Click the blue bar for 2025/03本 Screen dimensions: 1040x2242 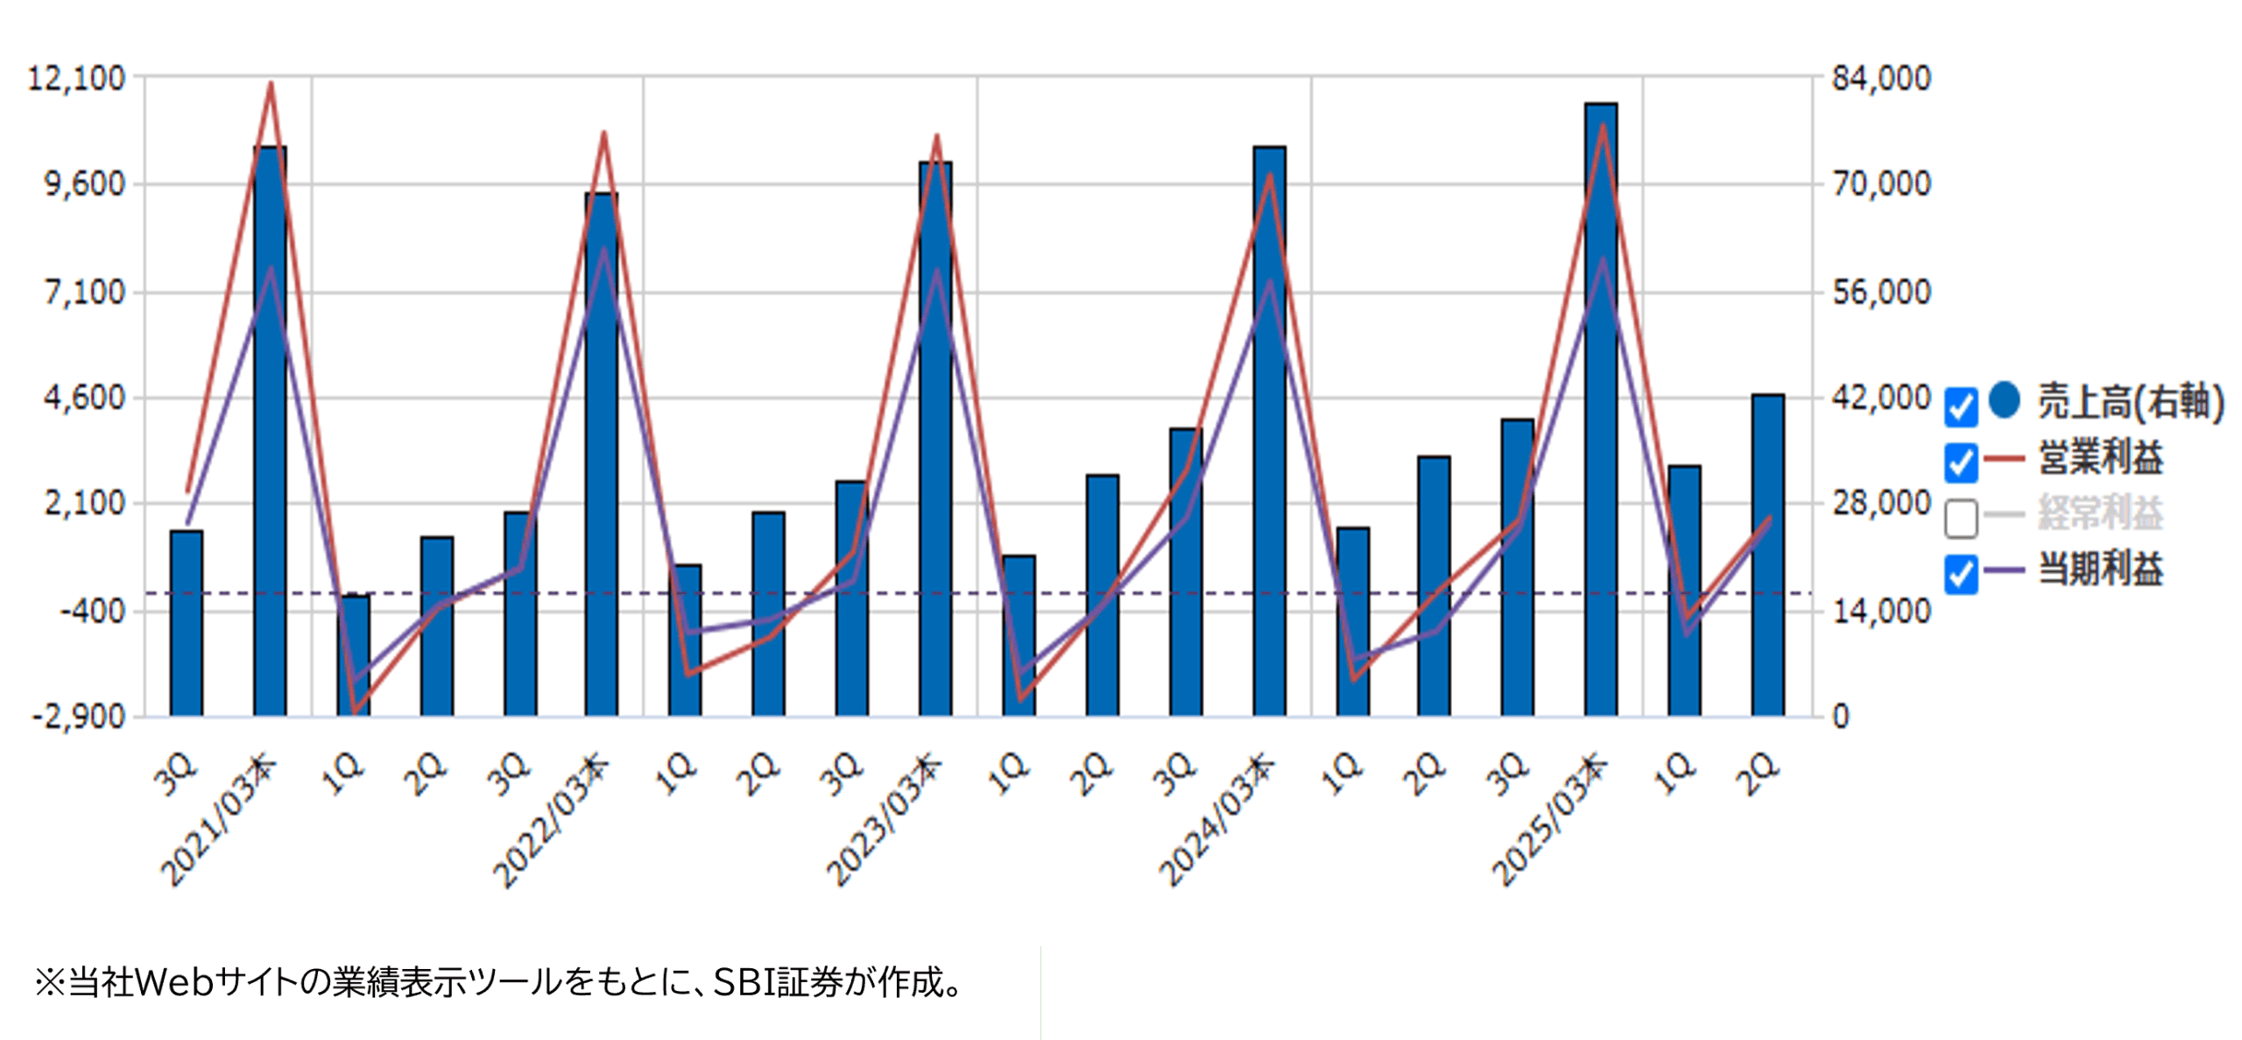(1600, 412)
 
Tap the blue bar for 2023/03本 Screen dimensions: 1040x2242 (935, 438)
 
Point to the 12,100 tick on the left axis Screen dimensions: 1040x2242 (77, 79)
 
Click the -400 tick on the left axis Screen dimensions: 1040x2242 (93, 611)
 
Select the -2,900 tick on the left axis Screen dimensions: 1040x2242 (79, 717)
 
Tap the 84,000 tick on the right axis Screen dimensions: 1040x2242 (1881, 79)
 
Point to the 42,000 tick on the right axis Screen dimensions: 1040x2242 (1881, 398)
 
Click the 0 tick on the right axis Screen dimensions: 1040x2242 (1841, 717)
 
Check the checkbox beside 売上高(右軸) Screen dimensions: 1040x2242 (1961, 407)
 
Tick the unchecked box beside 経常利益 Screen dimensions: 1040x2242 (1961, 518)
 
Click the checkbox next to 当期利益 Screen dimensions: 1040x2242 (1961, 575)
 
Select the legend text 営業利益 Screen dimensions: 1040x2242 (2100, 458)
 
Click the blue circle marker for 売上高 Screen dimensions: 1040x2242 (2004, 400)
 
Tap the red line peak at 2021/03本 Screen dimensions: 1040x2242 (271, 84)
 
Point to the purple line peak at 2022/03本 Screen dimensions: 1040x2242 (603, 251)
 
